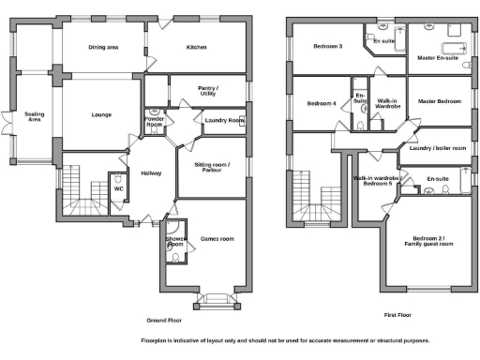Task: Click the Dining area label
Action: coord(103,47)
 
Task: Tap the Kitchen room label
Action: coord(196,47)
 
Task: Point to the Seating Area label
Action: coord(34,117)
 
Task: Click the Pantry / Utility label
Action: coord(207,92)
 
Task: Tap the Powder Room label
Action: coord(155,123)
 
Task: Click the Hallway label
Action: coord(151,172)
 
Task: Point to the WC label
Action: coord(119,188)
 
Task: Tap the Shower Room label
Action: coord(175,242)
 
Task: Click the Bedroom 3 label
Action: coord(327,46)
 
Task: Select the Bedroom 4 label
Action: coord(322,103)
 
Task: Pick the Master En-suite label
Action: coord(437,57)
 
